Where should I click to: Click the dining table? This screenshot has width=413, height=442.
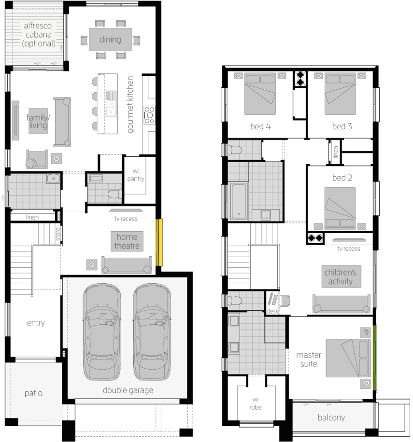pos(110,40)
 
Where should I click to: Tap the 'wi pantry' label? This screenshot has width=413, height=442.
pos(136,175)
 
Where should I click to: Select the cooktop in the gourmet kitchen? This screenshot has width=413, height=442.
pos(149,115)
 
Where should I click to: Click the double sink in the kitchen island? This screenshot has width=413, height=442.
pos(111,104)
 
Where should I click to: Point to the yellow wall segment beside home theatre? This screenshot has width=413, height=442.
pos(159,242)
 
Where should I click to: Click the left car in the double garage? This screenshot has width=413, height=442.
pos(102,332)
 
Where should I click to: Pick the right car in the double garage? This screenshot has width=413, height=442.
pos(152,332)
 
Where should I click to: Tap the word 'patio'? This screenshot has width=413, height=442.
pos(33,393)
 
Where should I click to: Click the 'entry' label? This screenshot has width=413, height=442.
pos(36,323)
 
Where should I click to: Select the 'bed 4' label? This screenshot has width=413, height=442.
pos(260,126)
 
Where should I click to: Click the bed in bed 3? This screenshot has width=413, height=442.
pos(340,94)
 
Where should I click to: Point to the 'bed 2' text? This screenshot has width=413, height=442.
pos(342,178)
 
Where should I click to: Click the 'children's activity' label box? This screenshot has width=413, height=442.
pos(342,276)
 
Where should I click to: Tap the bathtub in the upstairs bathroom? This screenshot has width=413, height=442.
pos(239,201)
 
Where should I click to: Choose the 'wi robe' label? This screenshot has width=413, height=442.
pos(256,403)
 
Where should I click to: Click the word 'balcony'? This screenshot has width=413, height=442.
pos(331,417)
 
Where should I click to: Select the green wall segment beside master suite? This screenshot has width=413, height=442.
pos(375,358)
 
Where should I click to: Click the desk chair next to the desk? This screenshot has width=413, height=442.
pos(285,301)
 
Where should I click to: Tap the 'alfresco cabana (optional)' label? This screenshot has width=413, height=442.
pos(38,35)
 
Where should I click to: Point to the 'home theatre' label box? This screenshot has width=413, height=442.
pos(127,242)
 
